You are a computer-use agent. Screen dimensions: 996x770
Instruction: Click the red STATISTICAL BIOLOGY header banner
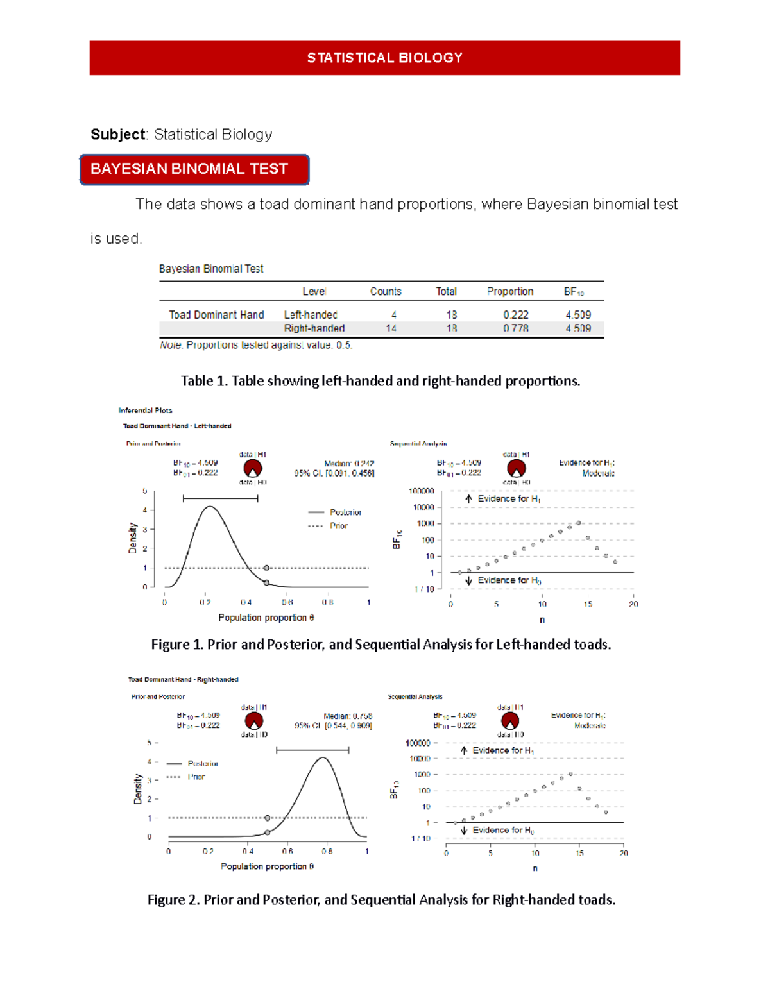(384, 58)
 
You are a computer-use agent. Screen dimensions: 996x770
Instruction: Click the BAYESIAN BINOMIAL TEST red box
(194, 169)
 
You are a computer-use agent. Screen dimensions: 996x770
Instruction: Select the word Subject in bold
(118, 134)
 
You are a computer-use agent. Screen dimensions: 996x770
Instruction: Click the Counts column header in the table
(386, 291)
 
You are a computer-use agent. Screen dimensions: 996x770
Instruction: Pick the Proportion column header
(510, 291)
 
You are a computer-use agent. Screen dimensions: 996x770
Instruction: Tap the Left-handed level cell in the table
(311, 315)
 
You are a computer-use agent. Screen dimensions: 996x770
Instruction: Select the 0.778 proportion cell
(515, 328)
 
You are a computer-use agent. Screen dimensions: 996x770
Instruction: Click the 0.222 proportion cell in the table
(515, 315)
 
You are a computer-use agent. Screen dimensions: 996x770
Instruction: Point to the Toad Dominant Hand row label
(216, 315)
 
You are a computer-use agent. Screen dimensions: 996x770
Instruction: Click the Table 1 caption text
(381, 381)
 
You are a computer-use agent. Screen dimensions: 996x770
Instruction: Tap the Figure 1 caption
(381, 645)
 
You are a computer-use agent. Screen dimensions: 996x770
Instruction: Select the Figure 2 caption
(381, 900)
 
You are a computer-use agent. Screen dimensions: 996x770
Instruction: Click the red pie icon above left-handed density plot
(253, 468)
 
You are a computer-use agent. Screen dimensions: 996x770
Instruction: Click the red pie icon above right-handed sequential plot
(510, 721)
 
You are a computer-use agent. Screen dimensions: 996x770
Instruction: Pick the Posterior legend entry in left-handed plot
(345, 512)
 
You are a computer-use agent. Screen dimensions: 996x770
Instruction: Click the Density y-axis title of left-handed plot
(133, 537)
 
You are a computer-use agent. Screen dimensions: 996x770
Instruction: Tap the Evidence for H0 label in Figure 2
(503, 831)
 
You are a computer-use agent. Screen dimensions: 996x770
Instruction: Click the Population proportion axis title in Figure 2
(267, 866)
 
